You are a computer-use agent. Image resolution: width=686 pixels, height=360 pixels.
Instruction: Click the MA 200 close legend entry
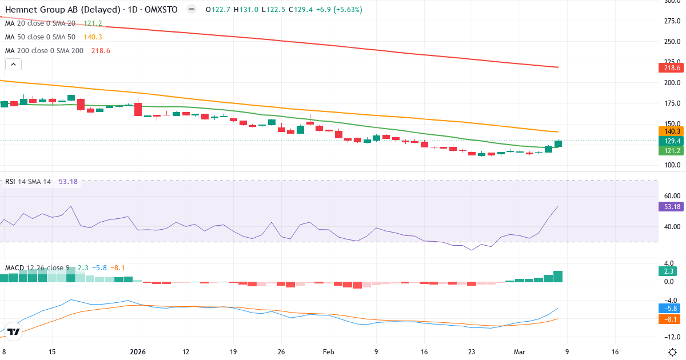(44, 51)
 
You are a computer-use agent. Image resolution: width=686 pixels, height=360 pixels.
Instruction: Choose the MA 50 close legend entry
(40, 37)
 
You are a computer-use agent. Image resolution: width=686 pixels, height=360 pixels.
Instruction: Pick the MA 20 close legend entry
(40, 23)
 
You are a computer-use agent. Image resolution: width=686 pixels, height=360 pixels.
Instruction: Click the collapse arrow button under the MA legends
(13, 64)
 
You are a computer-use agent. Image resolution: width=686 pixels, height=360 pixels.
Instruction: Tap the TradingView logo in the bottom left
(14, 331)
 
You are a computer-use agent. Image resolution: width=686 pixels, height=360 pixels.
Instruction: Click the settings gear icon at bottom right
(673, 352)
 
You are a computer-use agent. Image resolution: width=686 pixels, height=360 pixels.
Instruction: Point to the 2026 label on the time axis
(138, 352)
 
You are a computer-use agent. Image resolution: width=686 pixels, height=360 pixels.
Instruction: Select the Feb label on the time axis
(329, 352)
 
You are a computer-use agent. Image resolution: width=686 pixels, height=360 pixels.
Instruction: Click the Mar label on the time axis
(519, 352)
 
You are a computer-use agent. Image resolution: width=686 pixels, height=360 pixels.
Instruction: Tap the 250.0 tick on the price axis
(671, 42)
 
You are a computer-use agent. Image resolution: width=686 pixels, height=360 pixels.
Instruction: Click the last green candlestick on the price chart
(558, 143)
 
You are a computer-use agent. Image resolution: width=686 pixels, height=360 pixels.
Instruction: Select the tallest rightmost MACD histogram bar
(558, 277)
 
